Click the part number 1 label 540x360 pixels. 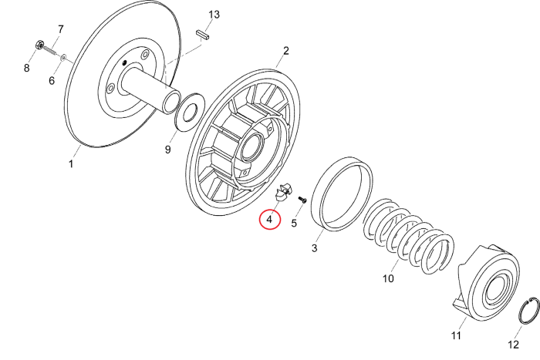[71, 164]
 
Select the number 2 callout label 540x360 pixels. [285, 52]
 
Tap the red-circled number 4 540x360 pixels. [269, 220]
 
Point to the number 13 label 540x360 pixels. [214, 15]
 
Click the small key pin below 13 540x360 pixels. [204, 34]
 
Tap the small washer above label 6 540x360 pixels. [64, 56]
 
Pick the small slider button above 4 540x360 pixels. [282, 191]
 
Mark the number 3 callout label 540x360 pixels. [314, 248]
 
